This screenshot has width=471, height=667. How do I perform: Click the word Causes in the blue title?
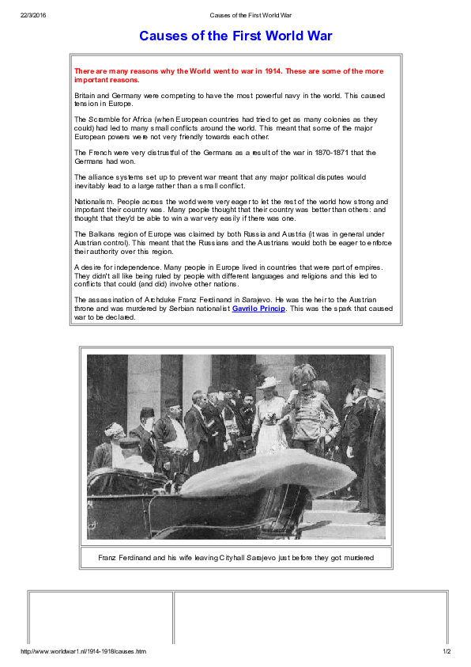(x=163, y=36)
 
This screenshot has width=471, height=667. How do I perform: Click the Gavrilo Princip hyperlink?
(x=258, y=309)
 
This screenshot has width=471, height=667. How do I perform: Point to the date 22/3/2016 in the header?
(x=33, y=15)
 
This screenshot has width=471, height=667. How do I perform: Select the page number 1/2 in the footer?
(x=446, y=651)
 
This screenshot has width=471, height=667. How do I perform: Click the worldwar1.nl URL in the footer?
(x=84, y=651)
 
